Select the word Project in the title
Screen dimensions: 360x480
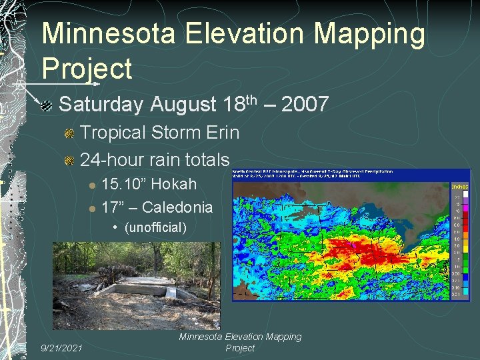(87, 68)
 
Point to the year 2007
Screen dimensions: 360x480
(305, 105)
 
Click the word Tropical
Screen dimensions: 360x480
(113, 133)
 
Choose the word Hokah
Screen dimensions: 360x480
(175, 184)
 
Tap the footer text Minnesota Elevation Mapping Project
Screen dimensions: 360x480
(240, 342)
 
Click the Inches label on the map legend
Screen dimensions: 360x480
(461, 187)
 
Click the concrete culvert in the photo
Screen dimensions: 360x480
(143, 288)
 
